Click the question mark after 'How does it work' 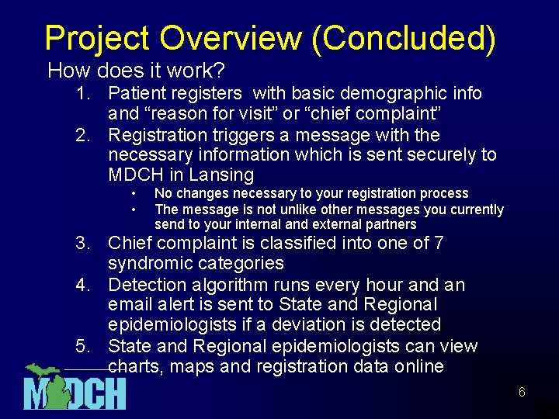(x=219, y=71)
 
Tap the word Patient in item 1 (x=136, y=94)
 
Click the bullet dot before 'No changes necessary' (x=134, y=194)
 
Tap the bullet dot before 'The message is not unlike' (x=134, y=209)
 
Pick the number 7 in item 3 (x=439, y=244)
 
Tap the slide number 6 (x=522, y=393)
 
